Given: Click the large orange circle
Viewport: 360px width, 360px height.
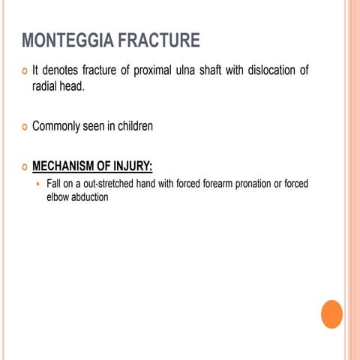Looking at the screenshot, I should point(331,314).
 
